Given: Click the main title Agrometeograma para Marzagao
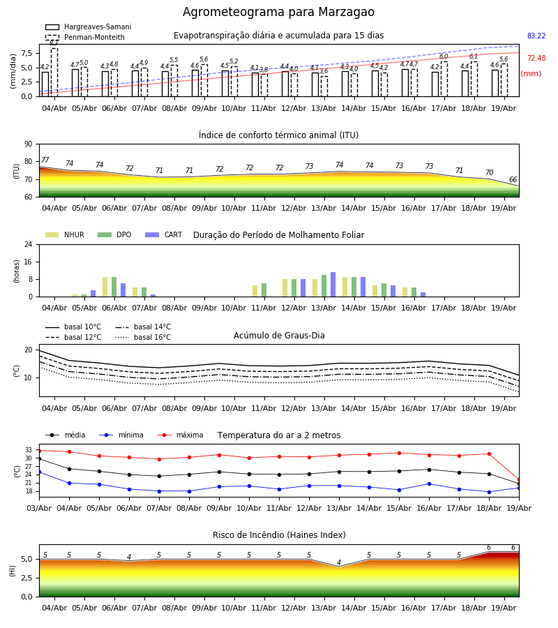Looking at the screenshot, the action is (278, 12).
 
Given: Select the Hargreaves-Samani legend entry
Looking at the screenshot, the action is (88, 27).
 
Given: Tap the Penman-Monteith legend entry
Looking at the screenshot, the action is (85, 37).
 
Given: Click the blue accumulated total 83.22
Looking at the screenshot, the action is (536, 36).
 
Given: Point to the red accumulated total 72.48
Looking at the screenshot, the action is (536, 58).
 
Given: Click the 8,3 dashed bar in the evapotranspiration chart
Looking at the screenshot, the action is (54, 72).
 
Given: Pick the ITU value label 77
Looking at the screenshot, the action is (45, 160).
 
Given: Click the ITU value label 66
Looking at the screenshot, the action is (513, 179).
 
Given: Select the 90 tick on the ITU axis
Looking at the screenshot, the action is (29, 144).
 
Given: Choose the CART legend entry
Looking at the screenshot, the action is (163, 234).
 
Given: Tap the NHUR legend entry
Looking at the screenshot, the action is (65, 234).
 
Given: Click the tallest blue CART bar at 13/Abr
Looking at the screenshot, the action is (333, 285).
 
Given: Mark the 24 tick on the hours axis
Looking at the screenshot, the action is (29, 244).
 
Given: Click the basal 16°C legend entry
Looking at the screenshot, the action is (143, 337).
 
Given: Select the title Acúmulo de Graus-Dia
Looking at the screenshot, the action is (279, 335).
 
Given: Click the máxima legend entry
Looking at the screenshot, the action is (180, 435).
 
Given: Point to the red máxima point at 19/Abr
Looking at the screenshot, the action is (519, 479).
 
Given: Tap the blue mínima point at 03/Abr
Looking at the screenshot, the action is (39, 472).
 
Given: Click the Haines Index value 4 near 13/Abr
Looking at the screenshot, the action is (339, 562).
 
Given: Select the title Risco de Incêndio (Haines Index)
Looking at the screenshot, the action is (279, 534).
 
